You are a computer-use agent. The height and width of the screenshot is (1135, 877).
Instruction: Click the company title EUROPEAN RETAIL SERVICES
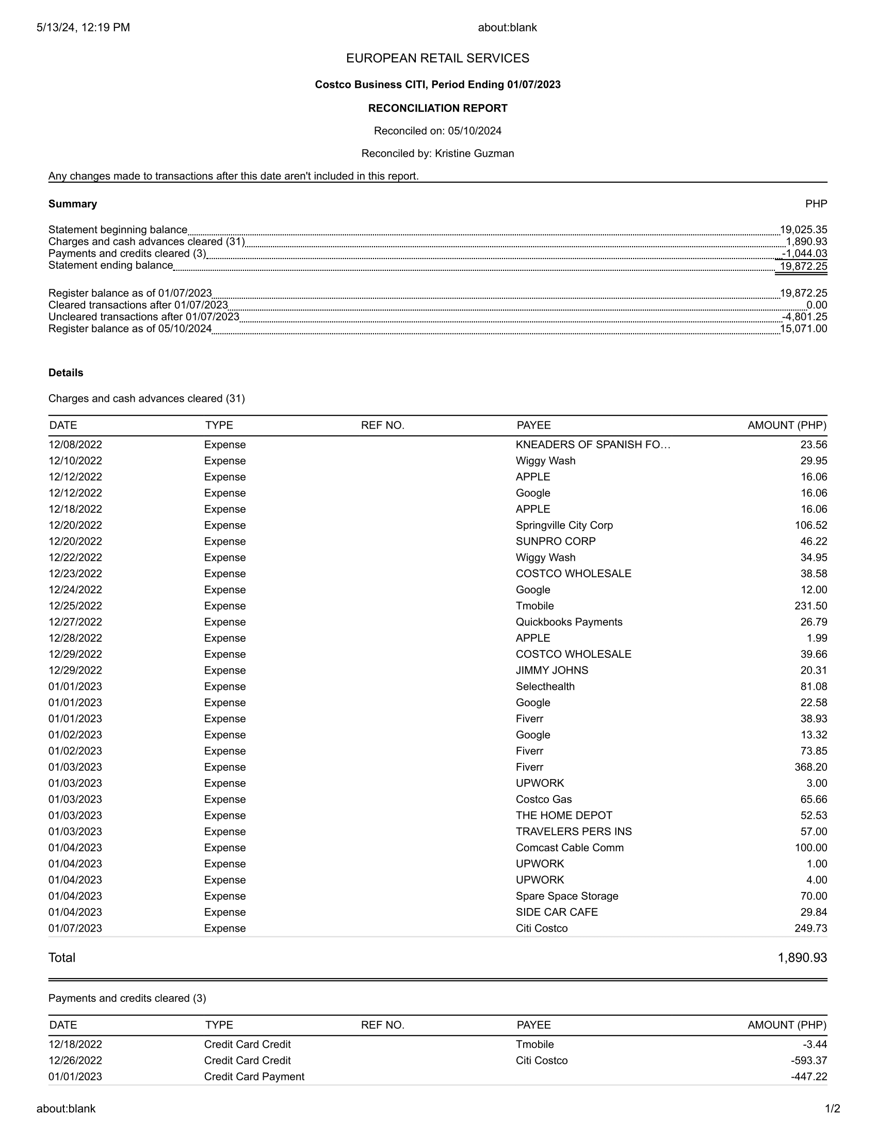coord(437,58)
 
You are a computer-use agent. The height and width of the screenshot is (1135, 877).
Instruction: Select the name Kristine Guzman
coord(474,153)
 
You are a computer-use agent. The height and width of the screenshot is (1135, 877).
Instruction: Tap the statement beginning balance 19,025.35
coord(803,230)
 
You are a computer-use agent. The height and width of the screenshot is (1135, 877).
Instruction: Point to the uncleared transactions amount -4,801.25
coord(804,317)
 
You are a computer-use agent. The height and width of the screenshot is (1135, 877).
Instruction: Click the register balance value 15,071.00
coord(803,329)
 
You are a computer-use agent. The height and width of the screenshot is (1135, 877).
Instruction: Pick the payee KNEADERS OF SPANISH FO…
coord(593,445)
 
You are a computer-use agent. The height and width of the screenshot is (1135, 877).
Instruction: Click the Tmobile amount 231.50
coord(810,606)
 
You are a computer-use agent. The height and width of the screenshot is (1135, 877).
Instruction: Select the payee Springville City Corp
coord(564,525)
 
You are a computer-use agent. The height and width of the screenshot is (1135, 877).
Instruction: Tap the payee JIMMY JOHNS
coord(552,670)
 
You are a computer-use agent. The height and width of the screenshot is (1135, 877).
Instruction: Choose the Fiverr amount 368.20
coord(810,767)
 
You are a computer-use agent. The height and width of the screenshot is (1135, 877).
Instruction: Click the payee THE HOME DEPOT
coord(564,815)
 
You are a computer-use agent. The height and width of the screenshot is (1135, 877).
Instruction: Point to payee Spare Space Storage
coord(567,896)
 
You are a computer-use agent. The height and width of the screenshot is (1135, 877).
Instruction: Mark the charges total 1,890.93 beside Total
coord(802,958)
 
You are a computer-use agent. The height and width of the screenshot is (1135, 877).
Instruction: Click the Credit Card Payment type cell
coord(254,1076)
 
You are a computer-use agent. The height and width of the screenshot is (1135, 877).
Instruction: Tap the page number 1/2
coord(832,1109)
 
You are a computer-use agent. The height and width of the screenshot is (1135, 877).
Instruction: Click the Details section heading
coord(66,372)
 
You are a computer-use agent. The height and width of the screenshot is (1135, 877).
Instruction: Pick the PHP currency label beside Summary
coord(816,204)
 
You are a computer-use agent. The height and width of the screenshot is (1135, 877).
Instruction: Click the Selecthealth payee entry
coord(545,687)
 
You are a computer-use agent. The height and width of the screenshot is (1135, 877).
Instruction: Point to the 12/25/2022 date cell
coord(75,606)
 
